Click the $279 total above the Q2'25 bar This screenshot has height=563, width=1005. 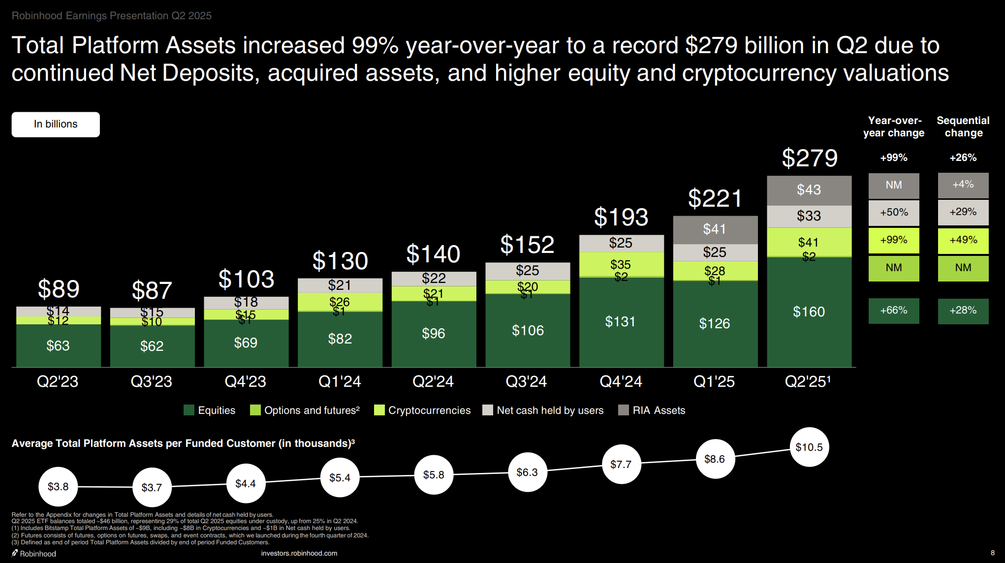pyautogui.click(x=810, y=158)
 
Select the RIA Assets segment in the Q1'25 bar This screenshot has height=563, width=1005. pyautogui.click(x=715, y=229)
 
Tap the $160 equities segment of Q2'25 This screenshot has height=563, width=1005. pyautogui.click(x=809, y=312)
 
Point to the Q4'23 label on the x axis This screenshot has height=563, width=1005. pyautogui.click(x=245, y=381)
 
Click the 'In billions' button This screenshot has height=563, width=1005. pyautogui.click(x=56, y=124)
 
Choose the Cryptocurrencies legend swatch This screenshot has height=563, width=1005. pyautogui.click(x=379, y=410)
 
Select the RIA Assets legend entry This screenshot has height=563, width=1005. pyautogui.click(x=652, y=410)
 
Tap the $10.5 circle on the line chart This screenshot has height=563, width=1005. pyautogui.click(x=809, y=447)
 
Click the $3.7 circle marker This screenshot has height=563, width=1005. pyautogui.click(x=152, y=487)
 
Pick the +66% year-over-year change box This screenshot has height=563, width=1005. pyautogui.click(x=894, y=311)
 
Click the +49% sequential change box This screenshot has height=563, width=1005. pyautogui.click(x=963, y=240)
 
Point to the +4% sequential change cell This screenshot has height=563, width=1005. pyautogui.click(x=963, y=185)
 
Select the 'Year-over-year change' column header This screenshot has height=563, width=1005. pyautogui.click(x=894, y=126)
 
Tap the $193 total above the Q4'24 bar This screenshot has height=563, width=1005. pyautogui.click(x=621, y=217)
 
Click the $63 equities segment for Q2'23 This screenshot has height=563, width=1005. pyautogui.click(x=58, y=345)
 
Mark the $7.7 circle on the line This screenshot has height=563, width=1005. pyautogui.click(x=621, y=464)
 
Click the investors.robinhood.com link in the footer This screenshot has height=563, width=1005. pyautogui.click(x=299, y=553)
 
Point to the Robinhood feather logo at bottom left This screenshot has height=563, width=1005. pyautogui.click(x=15, y=553)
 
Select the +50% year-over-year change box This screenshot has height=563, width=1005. pyautogui.click(x=894, y=213)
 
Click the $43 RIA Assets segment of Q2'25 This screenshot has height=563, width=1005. pyautogui.click(x=809, y=190)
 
